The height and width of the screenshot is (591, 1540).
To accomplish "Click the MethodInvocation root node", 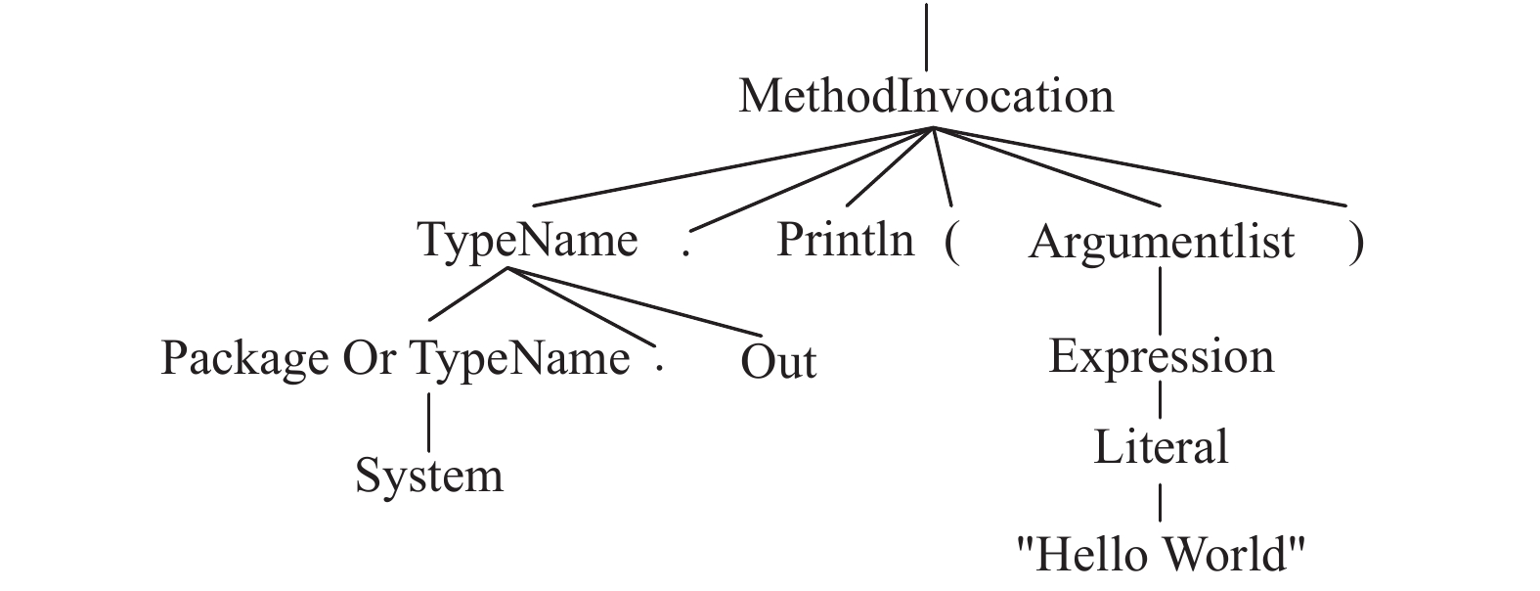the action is pyautogui.click(x=925, y=97).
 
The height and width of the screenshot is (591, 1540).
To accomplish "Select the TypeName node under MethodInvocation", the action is pyautogui.click(x=528, y=241).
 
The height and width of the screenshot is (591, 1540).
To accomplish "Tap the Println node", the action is pyautogui.click(x=845, y=241).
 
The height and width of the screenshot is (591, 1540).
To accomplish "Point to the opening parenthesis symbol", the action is pyautogui.click(x=951, y=243).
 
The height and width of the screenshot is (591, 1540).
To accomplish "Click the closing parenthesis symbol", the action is pyautogui.click(x=1355, y=243).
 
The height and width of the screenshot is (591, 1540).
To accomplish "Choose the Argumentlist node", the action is pyautogui.click(x=1161, y=242).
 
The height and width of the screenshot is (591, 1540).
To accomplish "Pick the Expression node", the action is pyautogui.click(x=1161, y=356).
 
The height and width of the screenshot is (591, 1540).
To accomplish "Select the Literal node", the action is pyautogui.click(x=1161, y=447).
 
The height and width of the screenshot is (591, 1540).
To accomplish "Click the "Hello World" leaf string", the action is pyautogui.click(x=1161, y=554).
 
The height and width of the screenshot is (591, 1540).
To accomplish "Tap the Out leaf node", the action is pyautogui.click(x=777, y=362).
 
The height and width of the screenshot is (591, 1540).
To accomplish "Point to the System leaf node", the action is pyautogui.click(x=428, y=476).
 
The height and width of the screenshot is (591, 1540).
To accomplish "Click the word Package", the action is pyautogui.click(x=244, y=359).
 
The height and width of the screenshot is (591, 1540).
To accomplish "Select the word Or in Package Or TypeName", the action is pyautogui.click(x=369, y=358).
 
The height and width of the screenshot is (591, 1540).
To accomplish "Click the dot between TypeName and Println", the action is pyautogui.click(x=686, y=251).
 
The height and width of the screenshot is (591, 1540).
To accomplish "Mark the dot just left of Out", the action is pyautogui.click(x=660, y=368).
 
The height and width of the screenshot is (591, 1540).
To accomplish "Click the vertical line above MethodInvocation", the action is pyautogui.click(x=925, y=37).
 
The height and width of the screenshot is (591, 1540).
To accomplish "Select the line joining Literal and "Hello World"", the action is pyautogui.click(x=1161, y=501).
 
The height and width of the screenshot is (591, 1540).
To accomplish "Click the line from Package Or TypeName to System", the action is pyautogui.click(x=428, y=422).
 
